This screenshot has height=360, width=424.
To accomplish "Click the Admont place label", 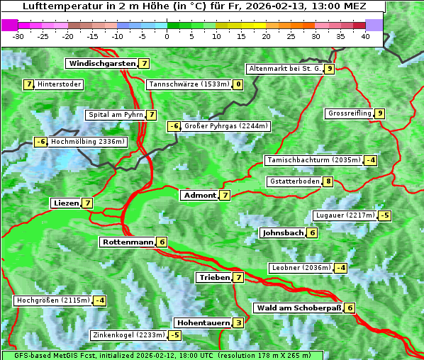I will click(199, 195).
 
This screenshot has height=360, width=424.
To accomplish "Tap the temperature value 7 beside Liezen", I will click(87, 203).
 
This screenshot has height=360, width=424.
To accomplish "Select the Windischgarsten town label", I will click(101, 63).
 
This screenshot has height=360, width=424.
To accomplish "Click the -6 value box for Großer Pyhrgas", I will click(174, 126).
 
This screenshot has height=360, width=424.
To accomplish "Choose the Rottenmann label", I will click(128, 242).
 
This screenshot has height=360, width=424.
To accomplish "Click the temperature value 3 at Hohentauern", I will click(238, 322).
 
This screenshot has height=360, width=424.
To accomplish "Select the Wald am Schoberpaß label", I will click(298, 308).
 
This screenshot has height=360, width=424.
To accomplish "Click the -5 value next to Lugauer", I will click(384, 215).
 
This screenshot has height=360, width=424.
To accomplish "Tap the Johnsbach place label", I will click(283, 232).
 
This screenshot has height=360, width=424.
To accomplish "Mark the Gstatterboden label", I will click(294, 181).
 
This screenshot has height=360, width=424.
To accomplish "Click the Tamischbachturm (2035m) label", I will click(313, 159).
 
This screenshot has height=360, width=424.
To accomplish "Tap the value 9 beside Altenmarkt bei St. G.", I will click(330, 69).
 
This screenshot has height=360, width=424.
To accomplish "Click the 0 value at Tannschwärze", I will click(238, 84).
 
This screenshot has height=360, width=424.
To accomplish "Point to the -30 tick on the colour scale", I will click(18, 35).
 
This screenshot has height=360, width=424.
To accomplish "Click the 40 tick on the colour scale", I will click(365, 35).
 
